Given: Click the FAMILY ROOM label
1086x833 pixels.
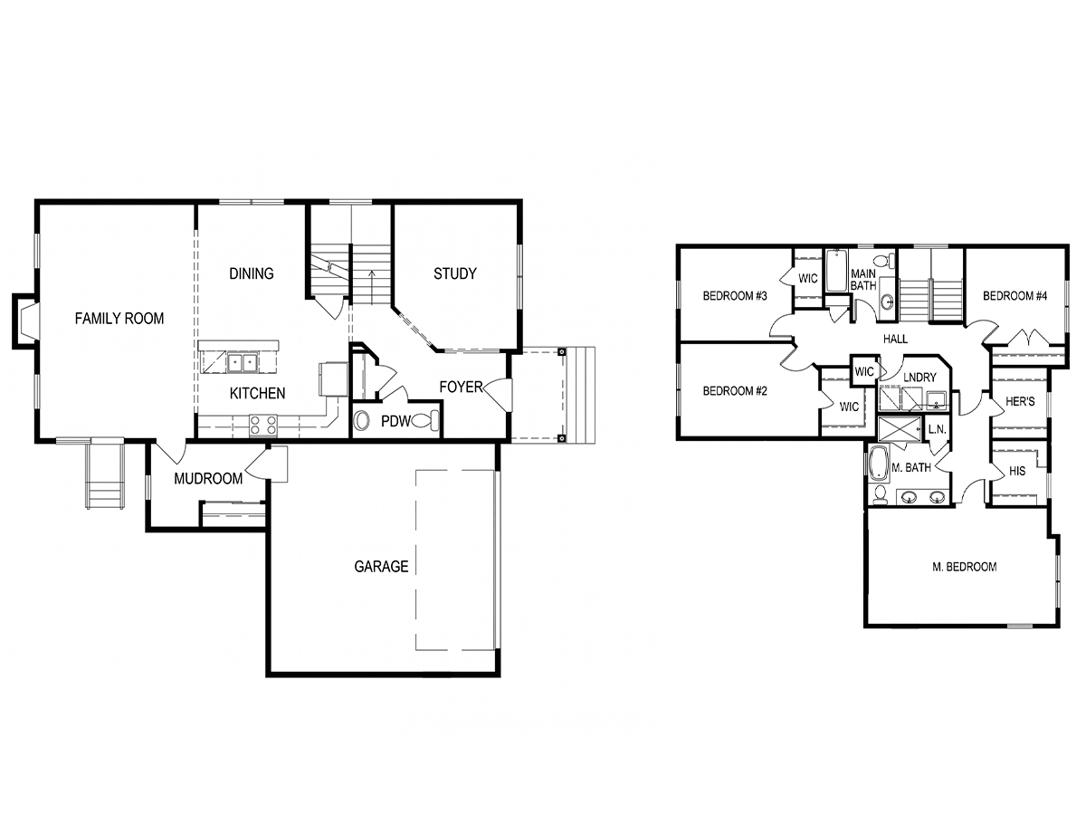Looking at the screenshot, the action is point(119,319).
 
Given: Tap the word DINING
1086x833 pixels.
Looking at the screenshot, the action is point(252,273).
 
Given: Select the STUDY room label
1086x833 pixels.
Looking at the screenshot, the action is point(455,273).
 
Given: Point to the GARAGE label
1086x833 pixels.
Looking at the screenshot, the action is point(381,567).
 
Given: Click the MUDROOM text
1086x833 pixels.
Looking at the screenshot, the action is point(208,479).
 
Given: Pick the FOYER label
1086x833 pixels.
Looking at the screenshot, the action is point(461,387).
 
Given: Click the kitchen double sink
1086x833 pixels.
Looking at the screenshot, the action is point(242,362).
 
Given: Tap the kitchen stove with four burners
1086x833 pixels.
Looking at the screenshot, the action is point(262,426).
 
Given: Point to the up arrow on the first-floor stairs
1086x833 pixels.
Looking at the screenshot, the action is point(371,287).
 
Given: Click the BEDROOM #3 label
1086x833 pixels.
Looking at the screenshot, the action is point(735,296).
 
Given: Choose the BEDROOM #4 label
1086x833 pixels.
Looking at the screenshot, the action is point(1015,296).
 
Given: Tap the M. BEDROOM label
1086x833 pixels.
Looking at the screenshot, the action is point(965,567).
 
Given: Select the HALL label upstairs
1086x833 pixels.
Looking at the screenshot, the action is point(896,339).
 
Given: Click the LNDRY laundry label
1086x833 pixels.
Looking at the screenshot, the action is point(919,378).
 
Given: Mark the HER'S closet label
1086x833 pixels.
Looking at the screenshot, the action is point(1020,401).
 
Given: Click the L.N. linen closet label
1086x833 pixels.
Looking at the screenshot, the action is point(937,429).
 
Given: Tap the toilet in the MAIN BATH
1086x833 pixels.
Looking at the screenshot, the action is point(884,261).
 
